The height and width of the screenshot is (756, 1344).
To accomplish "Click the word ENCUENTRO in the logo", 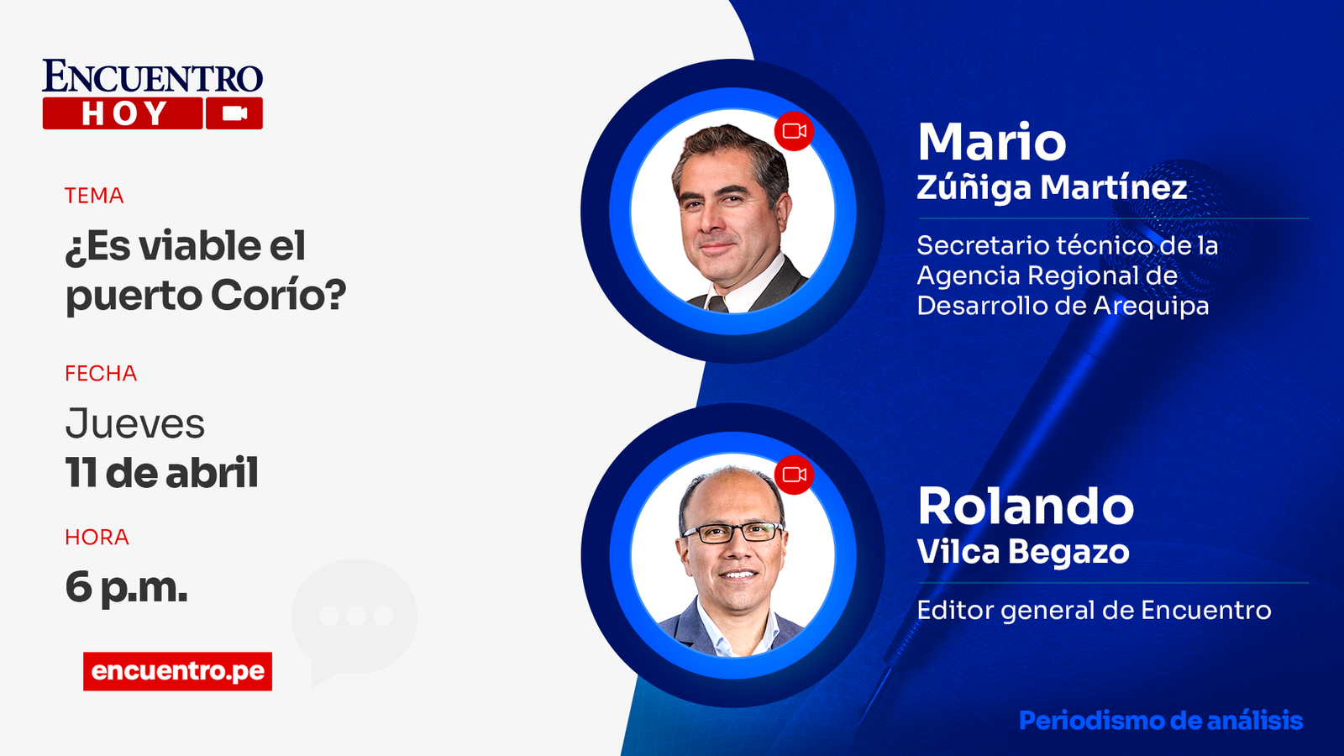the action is tap(152, 76).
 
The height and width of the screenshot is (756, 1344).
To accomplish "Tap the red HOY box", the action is tap(123, 113).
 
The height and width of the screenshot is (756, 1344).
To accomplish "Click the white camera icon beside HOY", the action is tap(234, 113).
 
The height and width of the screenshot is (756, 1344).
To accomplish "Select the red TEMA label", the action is tap(94, 196).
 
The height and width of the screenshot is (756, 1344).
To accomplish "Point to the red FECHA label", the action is tap(101, 373).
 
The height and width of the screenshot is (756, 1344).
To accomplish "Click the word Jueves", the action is tap(135, 423).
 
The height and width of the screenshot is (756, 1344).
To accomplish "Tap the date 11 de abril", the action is tap(162, 473).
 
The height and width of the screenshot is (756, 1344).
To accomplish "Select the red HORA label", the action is tap(97, 537).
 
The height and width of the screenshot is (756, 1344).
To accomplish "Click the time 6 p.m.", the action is tap(127, 587).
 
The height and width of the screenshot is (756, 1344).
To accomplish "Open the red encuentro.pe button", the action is tap(177, 671).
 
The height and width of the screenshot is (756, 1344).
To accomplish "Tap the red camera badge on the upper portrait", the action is tap(794, 131).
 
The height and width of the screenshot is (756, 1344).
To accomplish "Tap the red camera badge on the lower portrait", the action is tap(794, 475).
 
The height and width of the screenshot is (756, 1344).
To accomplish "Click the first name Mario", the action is tap(992, 142).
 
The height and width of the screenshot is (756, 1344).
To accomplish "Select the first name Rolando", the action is tap(1026, 507).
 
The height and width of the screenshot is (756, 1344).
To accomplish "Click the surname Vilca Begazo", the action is tap(1023, 552).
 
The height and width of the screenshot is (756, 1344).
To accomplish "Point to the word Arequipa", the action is tap(1151, 306).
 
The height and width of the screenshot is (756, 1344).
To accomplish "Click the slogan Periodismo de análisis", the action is tap(1161, 721).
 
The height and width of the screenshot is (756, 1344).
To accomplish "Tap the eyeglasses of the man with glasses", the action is tap(733, 533).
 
